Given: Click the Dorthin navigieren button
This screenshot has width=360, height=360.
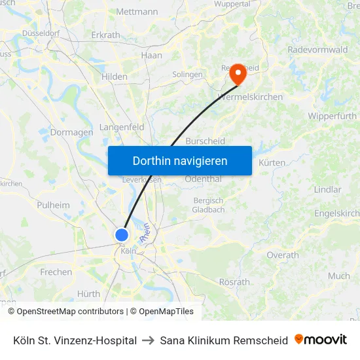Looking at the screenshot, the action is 180,160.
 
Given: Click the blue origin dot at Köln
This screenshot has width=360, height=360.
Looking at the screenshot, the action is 122,235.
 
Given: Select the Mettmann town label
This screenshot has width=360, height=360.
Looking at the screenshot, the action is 137,12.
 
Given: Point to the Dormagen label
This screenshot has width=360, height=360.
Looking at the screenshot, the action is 71,132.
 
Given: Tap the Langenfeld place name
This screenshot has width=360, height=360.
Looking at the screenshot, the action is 122,127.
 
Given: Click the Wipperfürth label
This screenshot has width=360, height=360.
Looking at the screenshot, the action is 331,116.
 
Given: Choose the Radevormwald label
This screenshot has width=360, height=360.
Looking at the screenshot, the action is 317,49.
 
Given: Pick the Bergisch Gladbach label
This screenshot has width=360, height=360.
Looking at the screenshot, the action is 208,205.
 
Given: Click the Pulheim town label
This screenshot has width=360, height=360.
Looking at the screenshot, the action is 53,205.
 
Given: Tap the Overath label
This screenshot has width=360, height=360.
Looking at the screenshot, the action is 283,255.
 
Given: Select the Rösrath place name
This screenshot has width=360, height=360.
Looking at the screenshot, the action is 235,282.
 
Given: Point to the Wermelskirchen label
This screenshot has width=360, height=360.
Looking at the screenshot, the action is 249,97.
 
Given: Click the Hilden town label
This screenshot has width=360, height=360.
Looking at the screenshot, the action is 115,77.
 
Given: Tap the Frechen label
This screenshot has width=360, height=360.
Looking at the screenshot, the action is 56,272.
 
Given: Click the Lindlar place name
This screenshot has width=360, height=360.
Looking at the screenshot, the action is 327,190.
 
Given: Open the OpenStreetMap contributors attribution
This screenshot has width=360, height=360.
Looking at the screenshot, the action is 70,312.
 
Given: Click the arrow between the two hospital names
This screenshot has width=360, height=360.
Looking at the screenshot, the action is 148,340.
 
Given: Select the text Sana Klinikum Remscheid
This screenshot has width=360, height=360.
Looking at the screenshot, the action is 224,340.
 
